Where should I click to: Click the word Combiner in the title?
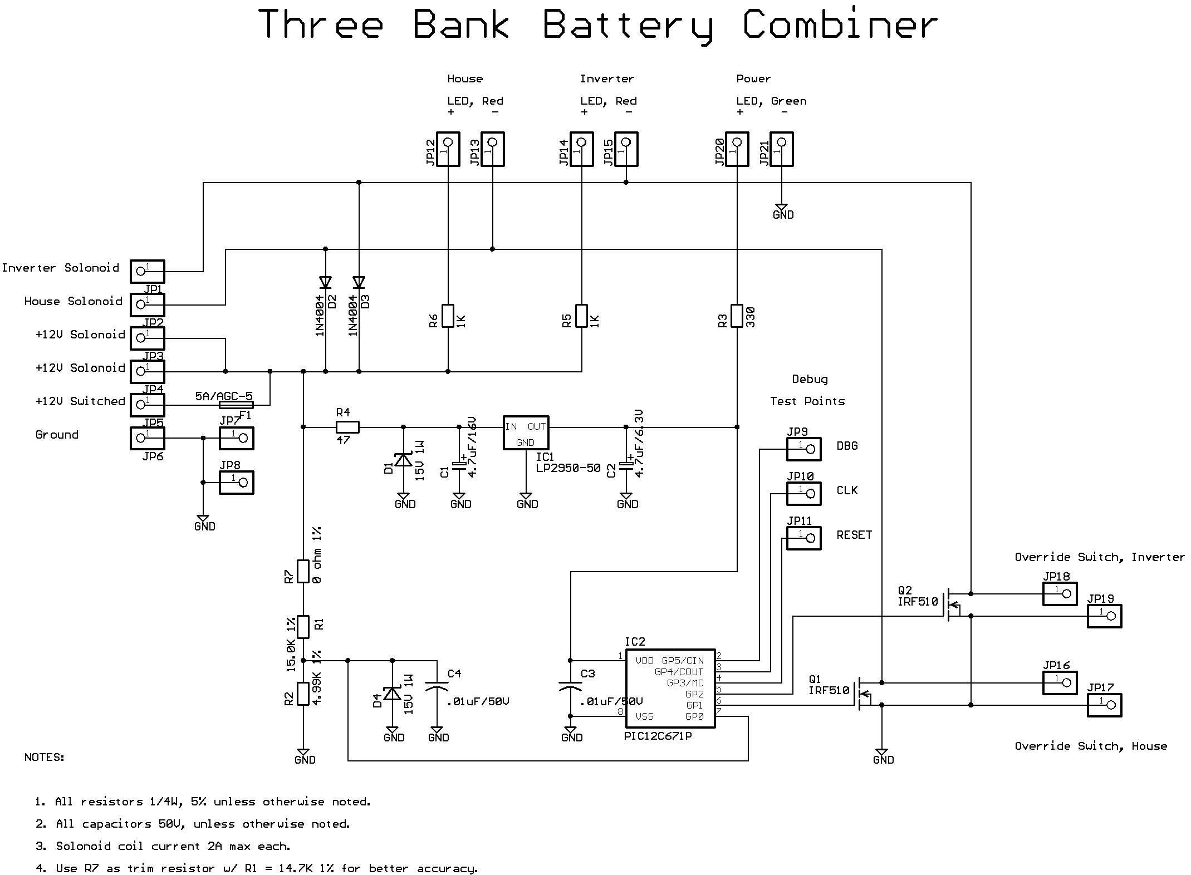point(840,25)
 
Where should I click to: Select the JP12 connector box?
point(448,149)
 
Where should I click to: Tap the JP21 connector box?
point(781,149)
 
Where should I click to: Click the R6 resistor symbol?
point(448,316)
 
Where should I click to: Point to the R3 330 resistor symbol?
point(737,316)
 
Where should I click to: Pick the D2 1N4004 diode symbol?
point(325,283)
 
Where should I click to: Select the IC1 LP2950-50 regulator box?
point(526,432)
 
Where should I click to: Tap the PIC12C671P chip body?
point(670,688)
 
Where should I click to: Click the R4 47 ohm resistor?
point(347,427)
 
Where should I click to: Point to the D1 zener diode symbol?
point(403,460)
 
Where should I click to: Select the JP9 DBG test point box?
point(803,449)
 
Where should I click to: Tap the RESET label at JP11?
point(854,535)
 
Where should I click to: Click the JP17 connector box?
point(1104,705)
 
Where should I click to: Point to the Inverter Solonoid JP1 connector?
point(148,271)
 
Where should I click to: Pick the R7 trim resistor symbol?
point(303,571)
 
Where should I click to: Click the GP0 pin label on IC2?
point(694,716)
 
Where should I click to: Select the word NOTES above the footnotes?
point(45,758)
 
